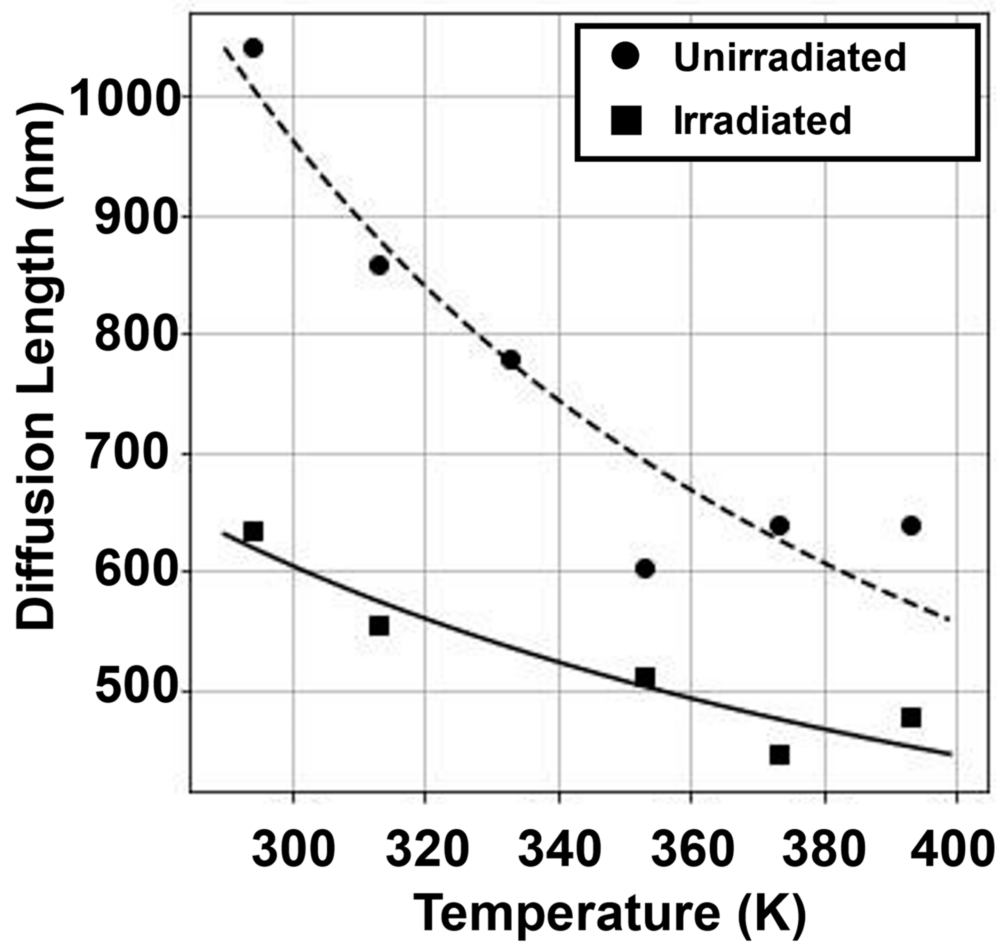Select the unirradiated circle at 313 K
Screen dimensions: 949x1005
tap(379, 265)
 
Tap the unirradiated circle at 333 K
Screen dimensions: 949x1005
tap(511, 360)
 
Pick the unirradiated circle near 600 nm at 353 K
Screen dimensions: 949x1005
tap(645, 569)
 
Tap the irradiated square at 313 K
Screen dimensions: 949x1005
tap(379, 626)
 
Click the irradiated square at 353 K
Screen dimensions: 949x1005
tap(645, 678)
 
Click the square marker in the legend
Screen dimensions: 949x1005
tap(626, 120)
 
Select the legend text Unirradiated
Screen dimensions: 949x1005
tap(789, 57)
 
